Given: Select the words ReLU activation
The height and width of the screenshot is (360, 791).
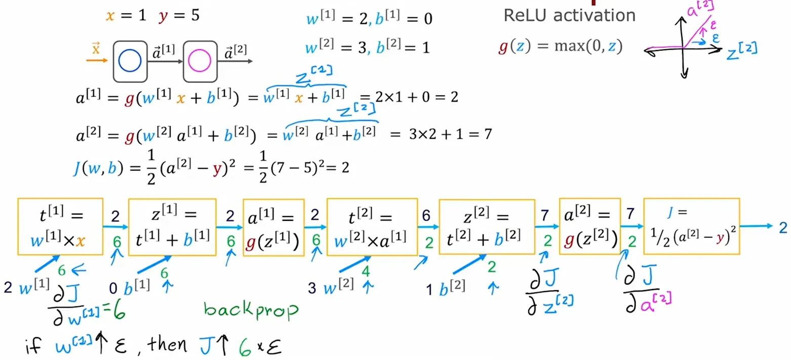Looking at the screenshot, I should (569, 15).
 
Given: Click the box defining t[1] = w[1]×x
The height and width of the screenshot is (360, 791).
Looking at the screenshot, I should (60, 226).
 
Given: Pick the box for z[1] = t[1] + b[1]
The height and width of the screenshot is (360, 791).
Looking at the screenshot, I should (172, 226).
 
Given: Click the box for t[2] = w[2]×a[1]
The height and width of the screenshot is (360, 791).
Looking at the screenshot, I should (372, 226).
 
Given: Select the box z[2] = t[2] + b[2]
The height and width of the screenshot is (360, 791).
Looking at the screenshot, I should (486, 226).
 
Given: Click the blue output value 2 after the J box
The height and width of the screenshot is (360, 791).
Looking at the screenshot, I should (783, 226).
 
